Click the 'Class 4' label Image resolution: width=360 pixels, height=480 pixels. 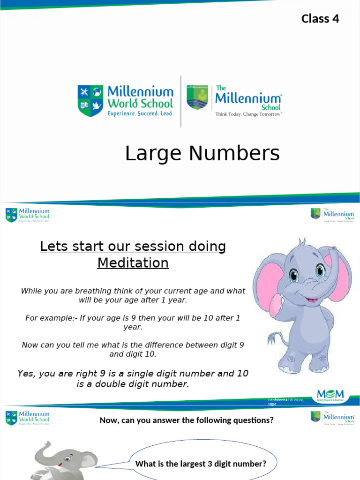coord(320,19)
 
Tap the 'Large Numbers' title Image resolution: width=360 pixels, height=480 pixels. coord(202,154)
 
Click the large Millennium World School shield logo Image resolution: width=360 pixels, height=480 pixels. coord(90,100)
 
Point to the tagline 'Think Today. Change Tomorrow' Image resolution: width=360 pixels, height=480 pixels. coord(248,114)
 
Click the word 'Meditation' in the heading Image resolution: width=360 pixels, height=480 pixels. coord(133,263)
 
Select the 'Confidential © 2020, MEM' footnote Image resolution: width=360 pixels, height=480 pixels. coord(286,402)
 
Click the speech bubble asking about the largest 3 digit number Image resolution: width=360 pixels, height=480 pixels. coord(201,464)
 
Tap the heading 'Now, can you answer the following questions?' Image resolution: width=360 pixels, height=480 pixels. coord(186,420)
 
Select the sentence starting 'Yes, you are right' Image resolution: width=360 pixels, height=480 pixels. coord(133,379)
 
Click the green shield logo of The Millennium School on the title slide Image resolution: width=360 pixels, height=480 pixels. coord(197,97)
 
